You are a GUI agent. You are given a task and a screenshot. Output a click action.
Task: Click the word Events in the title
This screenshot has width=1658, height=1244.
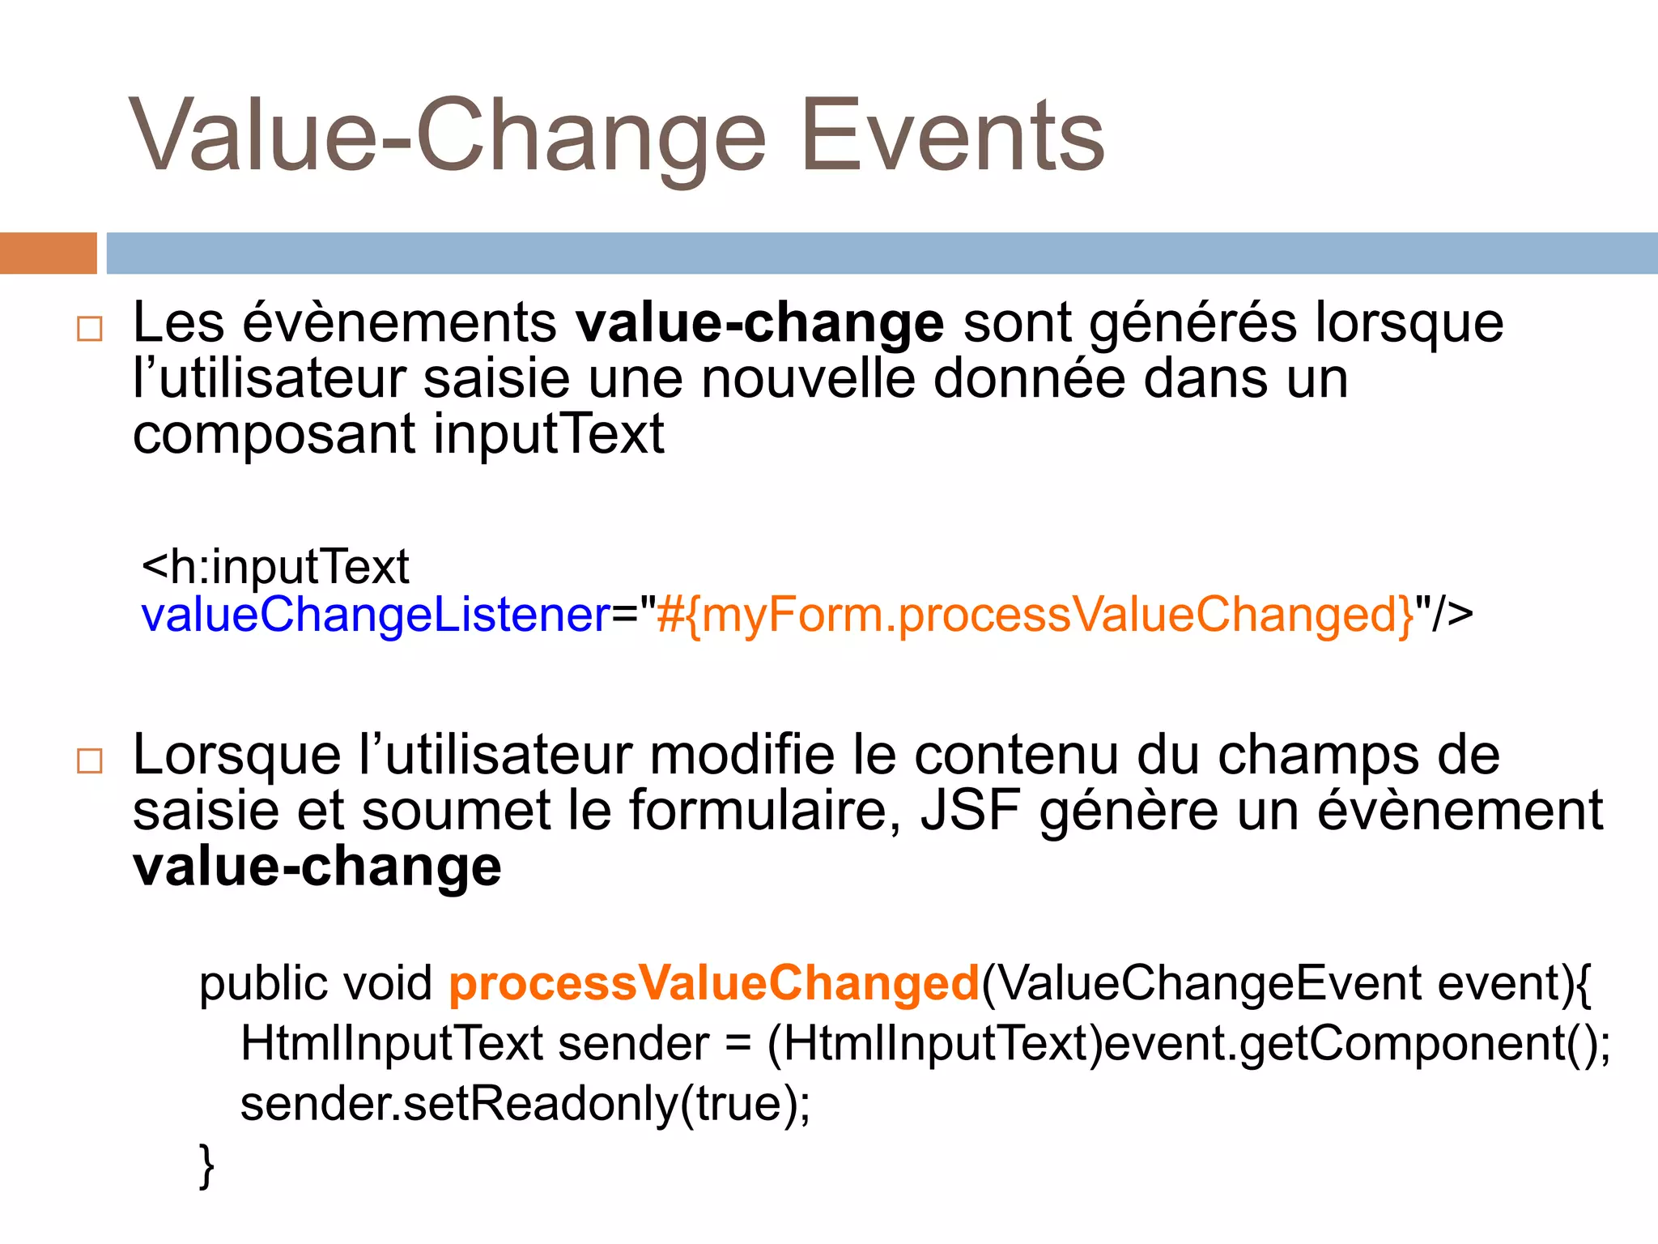pos(952,135)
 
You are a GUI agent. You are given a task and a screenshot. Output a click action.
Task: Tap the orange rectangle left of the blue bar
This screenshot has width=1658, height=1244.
pos(48,253)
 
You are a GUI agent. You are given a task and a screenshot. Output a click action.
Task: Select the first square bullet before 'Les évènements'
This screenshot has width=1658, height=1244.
pos(89,329)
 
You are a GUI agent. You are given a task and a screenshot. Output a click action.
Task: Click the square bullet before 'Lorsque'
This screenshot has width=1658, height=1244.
pos(89,761)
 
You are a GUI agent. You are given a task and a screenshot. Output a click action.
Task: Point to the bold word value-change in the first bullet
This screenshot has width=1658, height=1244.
pos(759,323)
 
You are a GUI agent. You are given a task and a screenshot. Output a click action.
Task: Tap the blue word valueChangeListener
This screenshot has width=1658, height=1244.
pos(376,616)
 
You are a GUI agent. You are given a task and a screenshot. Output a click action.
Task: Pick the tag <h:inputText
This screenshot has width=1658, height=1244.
pos(275,566)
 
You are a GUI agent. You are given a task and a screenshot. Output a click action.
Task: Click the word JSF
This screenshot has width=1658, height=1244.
pos(970,811)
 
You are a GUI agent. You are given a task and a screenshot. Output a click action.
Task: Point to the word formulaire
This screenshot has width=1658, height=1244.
pos(764,811)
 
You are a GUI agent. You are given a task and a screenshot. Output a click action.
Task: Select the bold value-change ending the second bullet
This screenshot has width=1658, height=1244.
pos(317,867)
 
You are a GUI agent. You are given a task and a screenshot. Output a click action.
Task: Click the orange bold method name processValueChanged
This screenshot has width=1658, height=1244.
pos(714,983)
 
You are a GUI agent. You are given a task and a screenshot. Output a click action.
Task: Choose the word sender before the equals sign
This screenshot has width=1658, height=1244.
pos(633,1043)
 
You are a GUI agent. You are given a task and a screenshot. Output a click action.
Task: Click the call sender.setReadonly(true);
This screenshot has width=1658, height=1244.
pos(525,1103)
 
